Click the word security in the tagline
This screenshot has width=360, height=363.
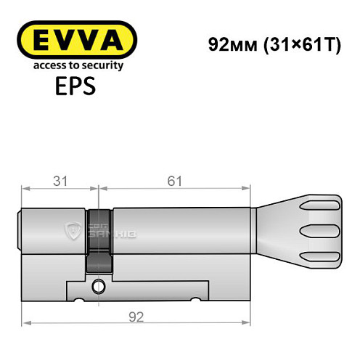(x=102, y=65)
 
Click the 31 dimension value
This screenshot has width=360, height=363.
(x=60, y=181)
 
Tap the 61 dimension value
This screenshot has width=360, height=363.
(x=172, y=181)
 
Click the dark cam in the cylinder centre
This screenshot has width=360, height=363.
(x=99, y=240)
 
